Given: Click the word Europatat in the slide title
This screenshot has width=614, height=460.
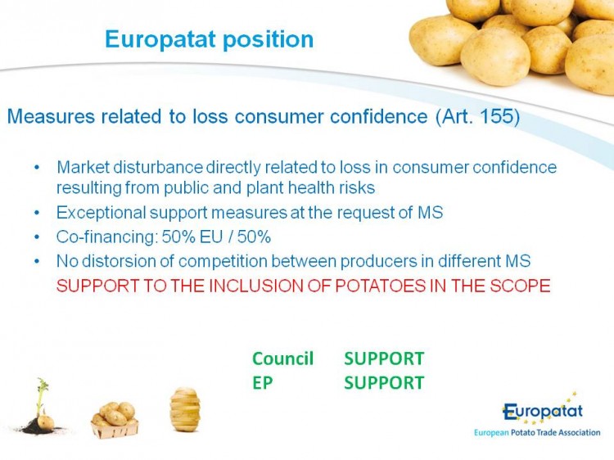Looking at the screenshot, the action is [x=160, y=39].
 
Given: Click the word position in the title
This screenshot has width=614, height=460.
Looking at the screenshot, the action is [x=269, y=39].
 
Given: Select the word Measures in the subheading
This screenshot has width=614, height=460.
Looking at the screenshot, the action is [x=51, y=116].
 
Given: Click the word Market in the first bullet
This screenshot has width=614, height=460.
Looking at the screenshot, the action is [x=83, y=167].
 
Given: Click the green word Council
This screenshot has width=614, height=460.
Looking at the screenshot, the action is [x=282, y=359].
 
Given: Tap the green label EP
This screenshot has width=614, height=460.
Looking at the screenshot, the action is [x=262, y=382].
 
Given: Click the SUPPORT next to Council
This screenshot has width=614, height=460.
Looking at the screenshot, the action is [x=384, y=359].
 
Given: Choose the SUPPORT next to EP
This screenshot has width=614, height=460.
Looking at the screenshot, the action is [x=384, y=382].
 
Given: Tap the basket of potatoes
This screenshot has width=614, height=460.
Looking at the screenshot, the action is [x=115, y=421].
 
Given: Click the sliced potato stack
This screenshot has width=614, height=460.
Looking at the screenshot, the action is [x=185, y=409].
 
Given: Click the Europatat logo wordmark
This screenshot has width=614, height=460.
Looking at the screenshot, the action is [x=543, y=412].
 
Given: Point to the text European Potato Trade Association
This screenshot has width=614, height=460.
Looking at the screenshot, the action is [x=537, y=433].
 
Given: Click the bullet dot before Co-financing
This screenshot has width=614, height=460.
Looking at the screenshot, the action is [x=37, y=237].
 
